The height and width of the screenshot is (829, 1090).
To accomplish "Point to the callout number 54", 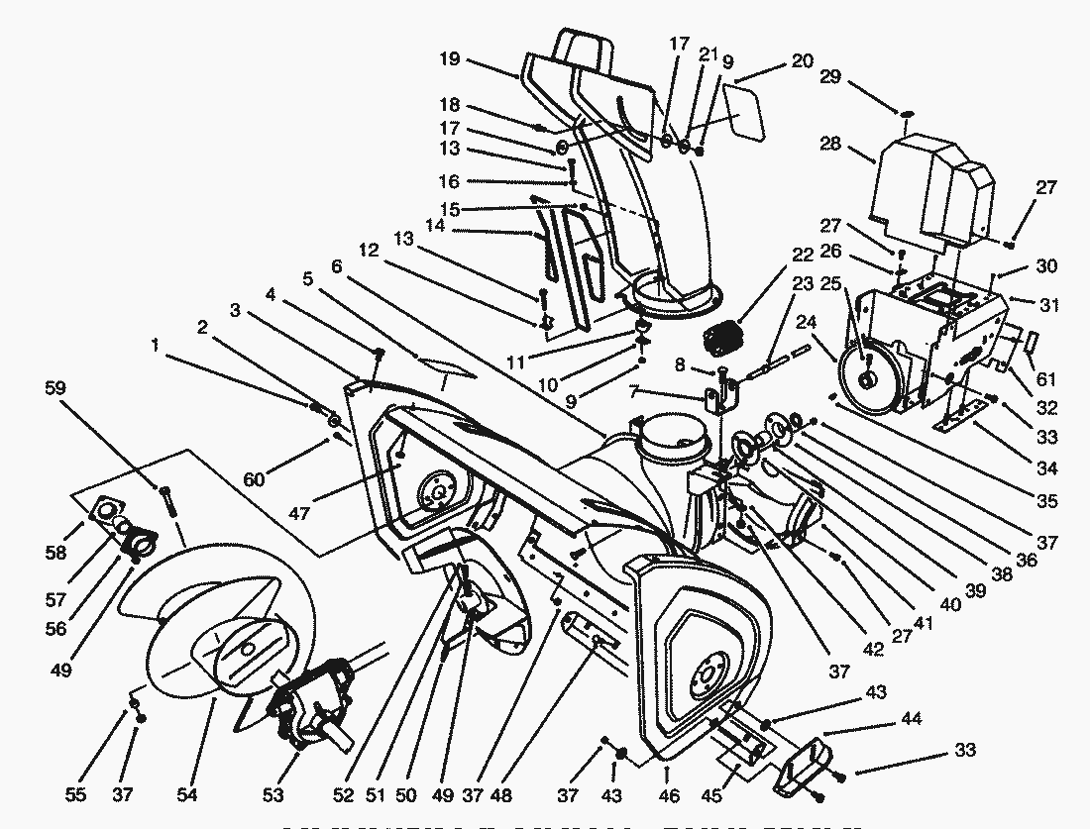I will pyautogui.click(x=186, y=795).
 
